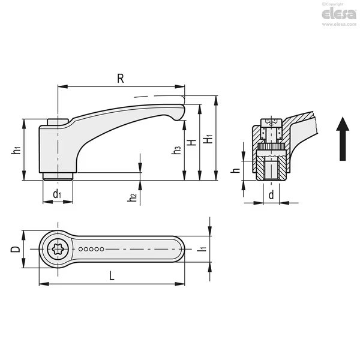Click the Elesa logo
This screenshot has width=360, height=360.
[339, 14]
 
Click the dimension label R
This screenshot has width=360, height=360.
[121, 79]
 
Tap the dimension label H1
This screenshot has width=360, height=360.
[209, 139]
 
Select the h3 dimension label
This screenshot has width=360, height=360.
[176, 150]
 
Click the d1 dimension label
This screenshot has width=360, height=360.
[57, 194]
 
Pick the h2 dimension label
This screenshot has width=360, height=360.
[132, 197]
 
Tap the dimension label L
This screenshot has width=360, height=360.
[112, 276]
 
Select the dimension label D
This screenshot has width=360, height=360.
[16, 249]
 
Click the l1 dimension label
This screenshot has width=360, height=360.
[202, 248]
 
